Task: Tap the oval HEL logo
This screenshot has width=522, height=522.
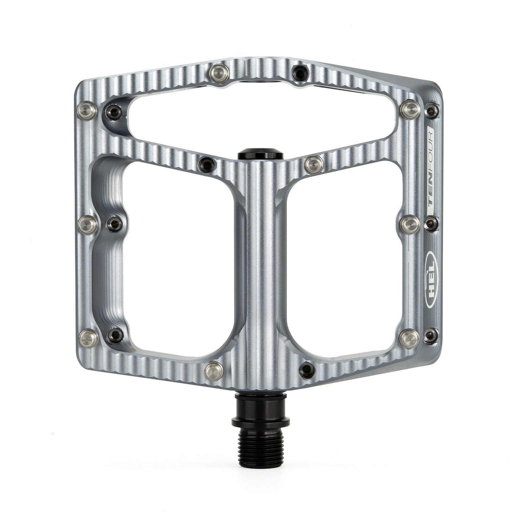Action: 429,279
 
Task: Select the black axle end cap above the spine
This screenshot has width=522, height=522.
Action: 260,155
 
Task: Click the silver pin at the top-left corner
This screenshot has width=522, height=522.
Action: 87,110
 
